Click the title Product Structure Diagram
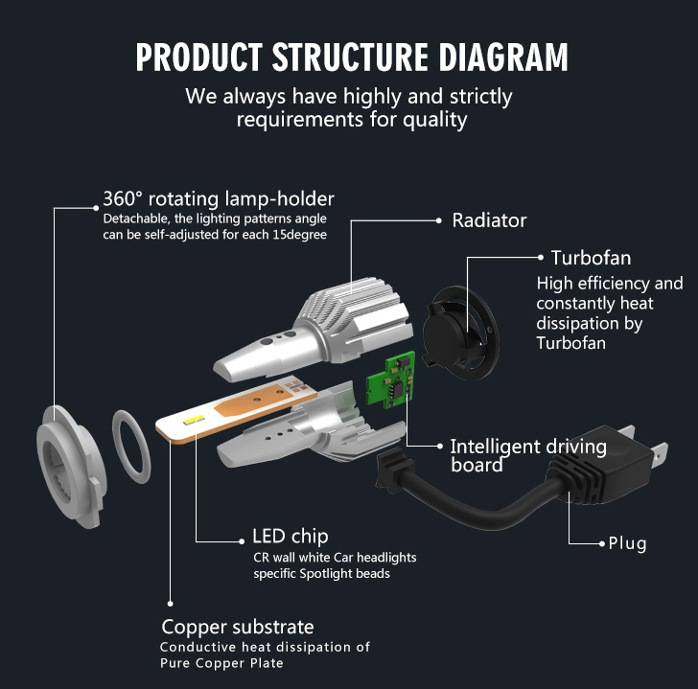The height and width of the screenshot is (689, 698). pos(351,57)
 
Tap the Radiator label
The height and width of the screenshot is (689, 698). pos(489,220)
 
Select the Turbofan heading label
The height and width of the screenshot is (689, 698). pos(591,258)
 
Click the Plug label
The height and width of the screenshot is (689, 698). pos(628,543)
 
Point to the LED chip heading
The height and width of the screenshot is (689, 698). pos(290,536)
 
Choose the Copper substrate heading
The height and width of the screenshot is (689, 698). pos(237,627)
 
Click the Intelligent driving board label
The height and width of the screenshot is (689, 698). pos(527,455)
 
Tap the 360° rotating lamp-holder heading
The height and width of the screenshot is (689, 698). pos(219,199)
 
